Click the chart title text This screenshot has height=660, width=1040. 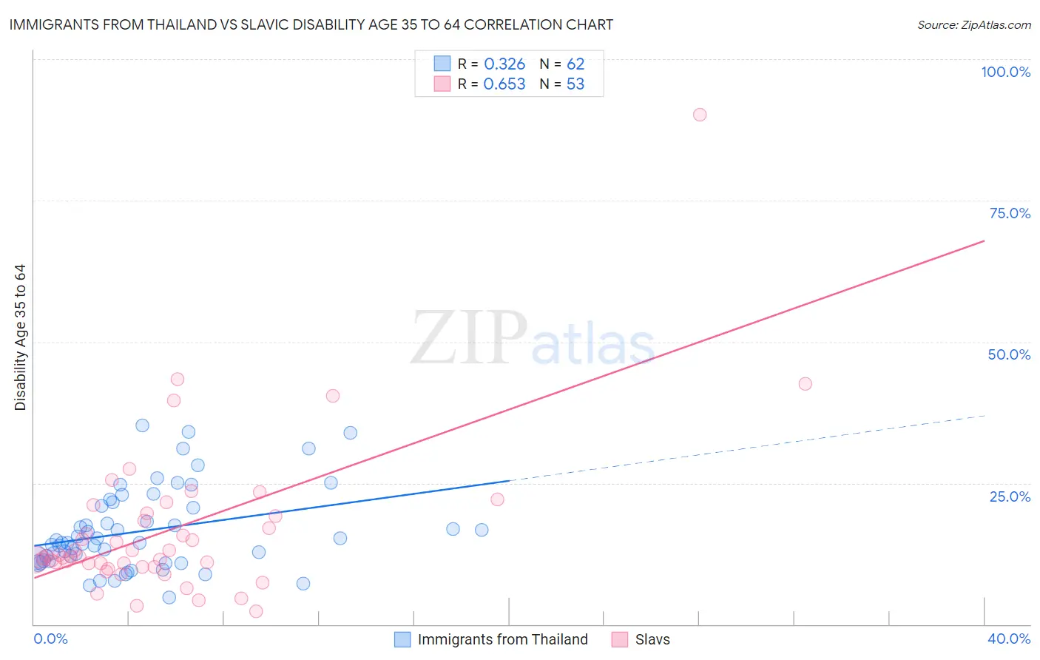click(x=311, y=24)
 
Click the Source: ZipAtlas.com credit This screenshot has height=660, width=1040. click(x=973, y=24)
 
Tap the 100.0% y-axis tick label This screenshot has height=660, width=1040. click(x=1005, y=72)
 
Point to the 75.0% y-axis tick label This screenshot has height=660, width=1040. click(x=1010, y=213)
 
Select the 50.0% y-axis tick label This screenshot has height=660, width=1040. click(x=1009, y=354)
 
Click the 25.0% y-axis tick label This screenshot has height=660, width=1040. click(x=1010, y=496)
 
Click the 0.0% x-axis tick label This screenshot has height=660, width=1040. click(x=50, y=639)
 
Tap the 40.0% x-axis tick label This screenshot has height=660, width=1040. click(x=1008, y=639)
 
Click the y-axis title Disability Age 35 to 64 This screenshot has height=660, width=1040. click(x=20, y=337)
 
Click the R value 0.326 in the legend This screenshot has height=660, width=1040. click(x=504, y=64)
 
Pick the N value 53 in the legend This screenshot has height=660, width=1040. click(x=575, y=84)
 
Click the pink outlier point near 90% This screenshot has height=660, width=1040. click(x=700, y=115)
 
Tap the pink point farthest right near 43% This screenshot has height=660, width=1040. click(x=806, y=384)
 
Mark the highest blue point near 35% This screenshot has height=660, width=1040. click(x=143, y=425)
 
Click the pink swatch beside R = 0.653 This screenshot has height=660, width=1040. click(x=442, y=84)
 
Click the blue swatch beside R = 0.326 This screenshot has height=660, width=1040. click(x=442, y=64)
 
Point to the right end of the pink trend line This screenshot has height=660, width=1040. click(x=984, y=241)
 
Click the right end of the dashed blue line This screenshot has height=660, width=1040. click(x=984, y=416)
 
